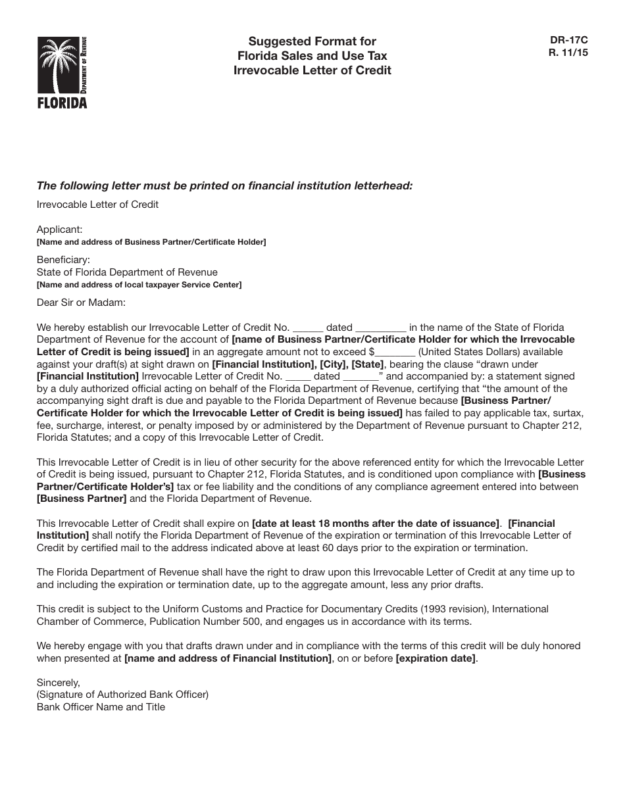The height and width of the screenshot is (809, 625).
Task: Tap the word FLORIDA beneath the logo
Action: (62, 103)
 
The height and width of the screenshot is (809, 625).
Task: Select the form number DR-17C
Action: (568, 41)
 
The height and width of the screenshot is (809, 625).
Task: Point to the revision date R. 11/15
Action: (568, 53)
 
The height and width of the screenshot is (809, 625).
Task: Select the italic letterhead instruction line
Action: (224, 185)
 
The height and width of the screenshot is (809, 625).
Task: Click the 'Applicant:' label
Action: (60, 230)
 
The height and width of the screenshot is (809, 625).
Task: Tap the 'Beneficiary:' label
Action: (63, 260)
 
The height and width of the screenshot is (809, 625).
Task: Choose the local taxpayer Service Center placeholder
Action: (139, 285)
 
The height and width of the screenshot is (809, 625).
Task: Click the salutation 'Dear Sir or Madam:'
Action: (80, 303)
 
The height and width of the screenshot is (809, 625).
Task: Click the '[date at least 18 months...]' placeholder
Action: (376, 524)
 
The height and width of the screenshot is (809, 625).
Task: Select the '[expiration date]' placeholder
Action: (436, 658)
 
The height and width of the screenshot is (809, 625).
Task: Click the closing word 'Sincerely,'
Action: (58, 683)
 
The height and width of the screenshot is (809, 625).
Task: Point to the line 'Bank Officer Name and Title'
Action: (101, 707)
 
